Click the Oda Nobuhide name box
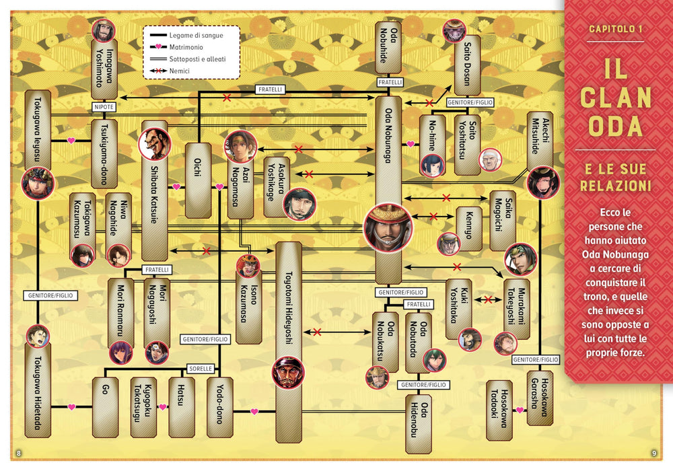[x=388, y=48]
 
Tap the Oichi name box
[x=198, y=180]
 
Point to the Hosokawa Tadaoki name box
[x=499, y=410]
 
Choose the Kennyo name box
[x=468, y=229]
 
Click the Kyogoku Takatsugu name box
[x=143, y=408]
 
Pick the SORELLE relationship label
[x=201, y=369]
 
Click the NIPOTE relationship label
[x=104, y=107]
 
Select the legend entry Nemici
[x=170, y=71]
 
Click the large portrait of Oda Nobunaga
[x=388, y=227]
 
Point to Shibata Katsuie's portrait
[x=155, y=144]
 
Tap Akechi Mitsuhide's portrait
[x=543, y=182]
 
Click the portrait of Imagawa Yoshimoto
[x=104, y=30]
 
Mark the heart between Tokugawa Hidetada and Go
[x=72, y=407]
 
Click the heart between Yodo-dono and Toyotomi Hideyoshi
[x=254, y=412]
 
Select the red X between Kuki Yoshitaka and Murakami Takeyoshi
[x=487, y=299]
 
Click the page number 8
[x=18, y=453]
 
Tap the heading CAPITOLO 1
[x=616, y=29]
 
